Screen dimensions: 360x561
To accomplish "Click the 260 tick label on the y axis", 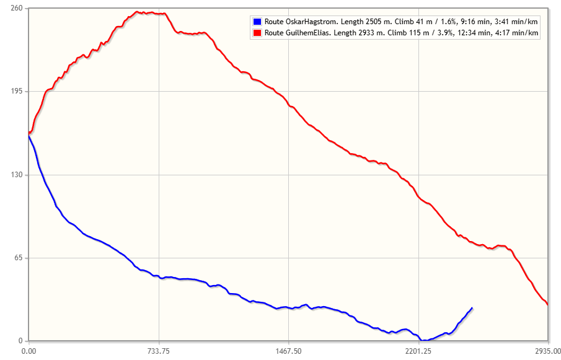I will pos(16,8).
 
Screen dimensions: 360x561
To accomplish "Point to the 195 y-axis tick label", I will pos(16,92).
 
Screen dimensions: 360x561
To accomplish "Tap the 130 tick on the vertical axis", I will pos(16,175).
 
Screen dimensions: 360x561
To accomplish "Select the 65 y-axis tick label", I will pos(18,258).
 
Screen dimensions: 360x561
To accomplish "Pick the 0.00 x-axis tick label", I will pos(29,351).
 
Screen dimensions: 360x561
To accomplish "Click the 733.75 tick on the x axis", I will pos(159,351).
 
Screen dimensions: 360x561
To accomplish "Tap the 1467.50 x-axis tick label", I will pos(289,351).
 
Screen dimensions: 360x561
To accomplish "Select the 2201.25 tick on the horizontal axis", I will pos(418,351).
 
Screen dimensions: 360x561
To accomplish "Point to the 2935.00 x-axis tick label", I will pos(547,351).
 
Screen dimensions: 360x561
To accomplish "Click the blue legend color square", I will pos(257,21).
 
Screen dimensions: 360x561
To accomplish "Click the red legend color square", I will pos(257,32).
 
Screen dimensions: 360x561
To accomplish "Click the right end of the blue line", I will pos(472,308).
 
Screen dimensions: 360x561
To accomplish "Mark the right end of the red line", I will pos(547,304).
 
